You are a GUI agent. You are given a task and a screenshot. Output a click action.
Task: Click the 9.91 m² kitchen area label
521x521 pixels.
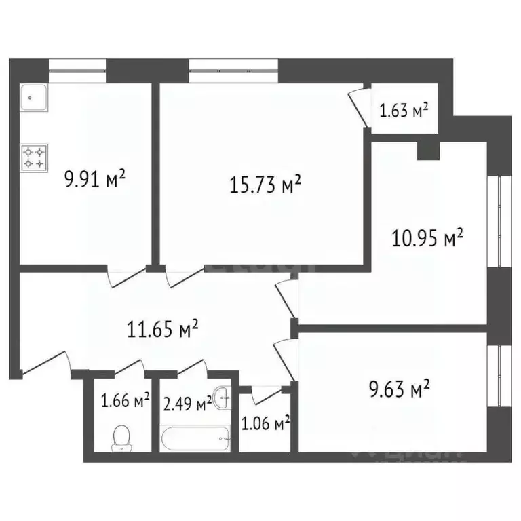[96, 180]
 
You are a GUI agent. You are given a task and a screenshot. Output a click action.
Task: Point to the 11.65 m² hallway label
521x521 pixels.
[163, 330]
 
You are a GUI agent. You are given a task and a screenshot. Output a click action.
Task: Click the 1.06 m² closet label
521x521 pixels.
[265, 424]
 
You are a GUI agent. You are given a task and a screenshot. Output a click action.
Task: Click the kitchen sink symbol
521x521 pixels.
[34, 100]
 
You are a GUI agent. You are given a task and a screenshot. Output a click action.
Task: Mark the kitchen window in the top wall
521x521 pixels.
[78, 69]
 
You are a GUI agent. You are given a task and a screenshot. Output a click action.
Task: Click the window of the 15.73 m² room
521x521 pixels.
[233, 69]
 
